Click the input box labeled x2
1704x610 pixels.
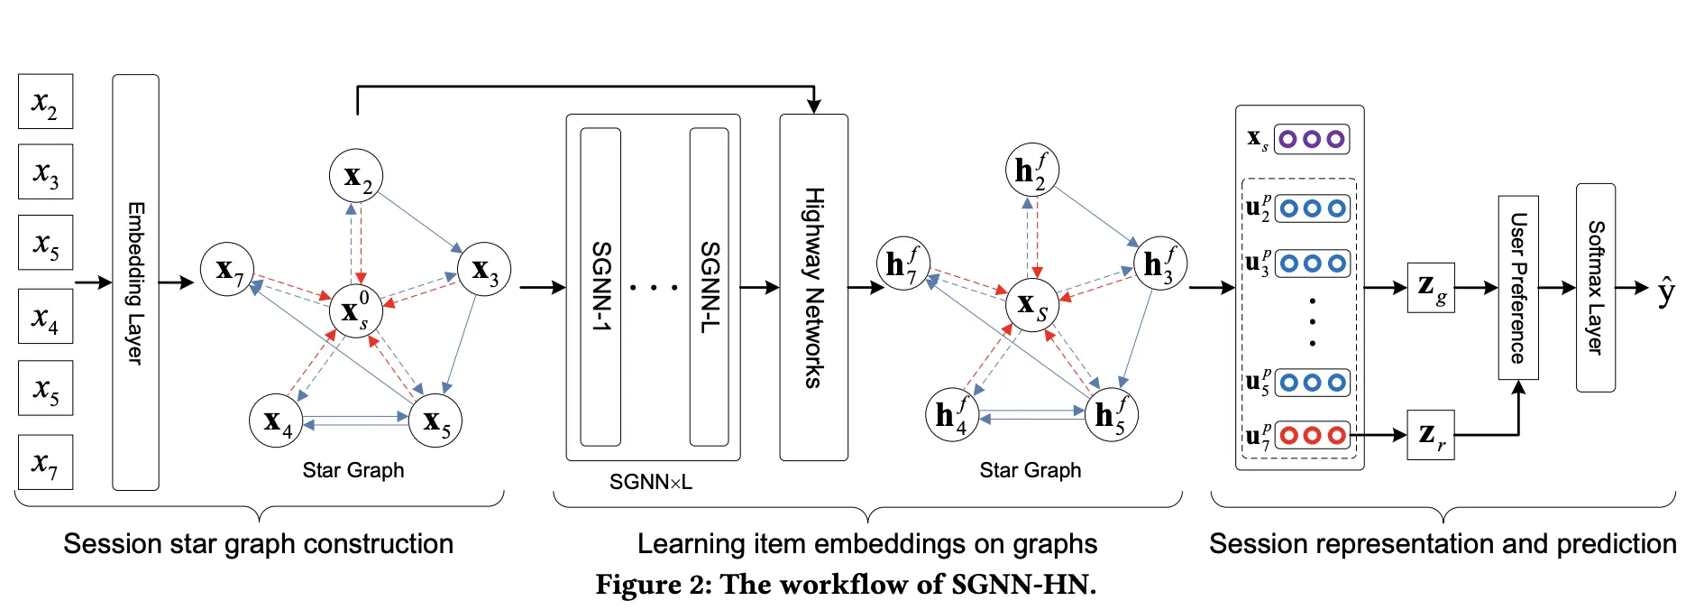[45, 102]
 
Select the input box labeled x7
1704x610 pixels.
[45, 462]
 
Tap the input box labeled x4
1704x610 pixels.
[45, 317]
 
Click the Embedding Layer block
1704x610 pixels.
[135, 282]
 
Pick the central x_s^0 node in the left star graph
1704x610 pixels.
[355, 310]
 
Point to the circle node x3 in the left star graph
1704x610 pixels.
[484, 269]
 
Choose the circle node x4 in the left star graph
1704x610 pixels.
[276, 421]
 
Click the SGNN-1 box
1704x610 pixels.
[600, 287]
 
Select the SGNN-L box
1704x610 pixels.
[710, 287]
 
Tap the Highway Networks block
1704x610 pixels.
[813, 287]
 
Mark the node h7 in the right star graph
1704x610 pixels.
[902, 263]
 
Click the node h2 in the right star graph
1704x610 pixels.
[1031, 170]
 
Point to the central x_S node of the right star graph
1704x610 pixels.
[1032, 304]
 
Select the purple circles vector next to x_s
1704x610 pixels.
[1312, 139]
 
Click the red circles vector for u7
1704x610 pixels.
[1313, 436]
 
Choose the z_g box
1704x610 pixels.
[1430, 288]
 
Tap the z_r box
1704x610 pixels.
[1430, 435]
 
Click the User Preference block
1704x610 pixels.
[1518, 288]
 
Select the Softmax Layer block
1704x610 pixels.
[1595, 288]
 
